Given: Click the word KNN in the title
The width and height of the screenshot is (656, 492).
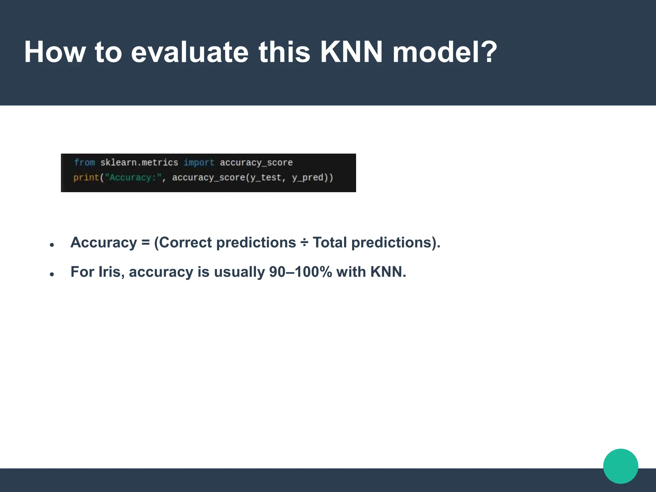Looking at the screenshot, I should [351, 52].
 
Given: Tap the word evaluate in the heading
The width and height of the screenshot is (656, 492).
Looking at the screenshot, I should [190, 52].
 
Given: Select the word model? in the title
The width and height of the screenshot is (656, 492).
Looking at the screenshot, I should [445, 52].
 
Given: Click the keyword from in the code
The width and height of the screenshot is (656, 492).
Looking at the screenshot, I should [85, 163].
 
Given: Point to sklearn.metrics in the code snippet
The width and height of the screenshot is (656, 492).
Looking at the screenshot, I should [139, 163].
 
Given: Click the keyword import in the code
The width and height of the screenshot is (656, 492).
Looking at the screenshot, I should [199, 163].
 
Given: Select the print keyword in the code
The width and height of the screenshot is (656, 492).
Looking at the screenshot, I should [86, 177].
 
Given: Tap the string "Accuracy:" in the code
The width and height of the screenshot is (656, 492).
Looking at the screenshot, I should [133, 177].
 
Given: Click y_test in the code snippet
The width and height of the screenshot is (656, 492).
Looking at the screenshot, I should [266, 177].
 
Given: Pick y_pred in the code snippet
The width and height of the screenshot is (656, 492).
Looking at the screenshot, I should [307, 177].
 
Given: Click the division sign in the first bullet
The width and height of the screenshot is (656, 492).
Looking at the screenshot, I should [304, 243].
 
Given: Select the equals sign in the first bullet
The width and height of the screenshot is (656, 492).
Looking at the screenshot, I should [145, 243].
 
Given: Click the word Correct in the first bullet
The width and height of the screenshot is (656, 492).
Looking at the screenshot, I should [185, 242].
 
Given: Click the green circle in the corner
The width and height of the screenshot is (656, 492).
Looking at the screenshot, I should [620, 466].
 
